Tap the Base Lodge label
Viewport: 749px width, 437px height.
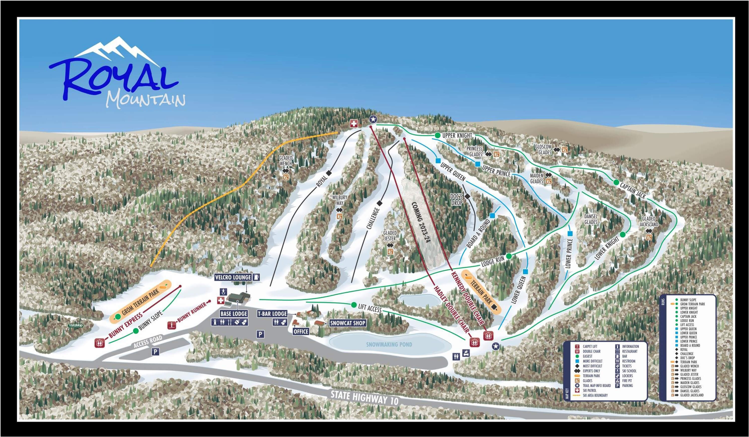coord(234,314)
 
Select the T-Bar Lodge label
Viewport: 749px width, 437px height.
coord(272,314)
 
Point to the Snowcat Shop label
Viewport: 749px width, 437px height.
coord(348,323)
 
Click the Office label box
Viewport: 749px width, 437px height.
coord(301,331)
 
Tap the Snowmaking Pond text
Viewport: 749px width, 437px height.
coord(389,344)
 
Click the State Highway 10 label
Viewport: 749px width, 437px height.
coord(364,398)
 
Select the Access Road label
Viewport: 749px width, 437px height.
coord(148,341)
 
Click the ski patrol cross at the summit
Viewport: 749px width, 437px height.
coord(354,124)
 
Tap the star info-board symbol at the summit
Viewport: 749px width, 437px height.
coord(373,119)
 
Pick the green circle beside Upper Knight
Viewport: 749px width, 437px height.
coord(437,135)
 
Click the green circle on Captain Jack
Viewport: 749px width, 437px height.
coord(616,182)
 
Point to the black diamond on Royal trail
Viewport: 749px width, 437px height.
coord(328,173)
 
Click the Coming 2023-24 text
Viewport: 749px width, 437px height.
coord(421,223)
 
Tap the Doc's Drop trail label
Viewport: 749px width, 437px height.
coord(457,200)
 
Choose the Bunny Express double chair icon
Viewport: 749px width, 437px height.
coord(100,343)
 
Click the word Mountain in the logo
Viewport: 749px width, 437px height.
coord(146,100)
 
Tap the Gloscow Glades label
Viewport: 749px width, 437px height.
coord(543,150)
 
